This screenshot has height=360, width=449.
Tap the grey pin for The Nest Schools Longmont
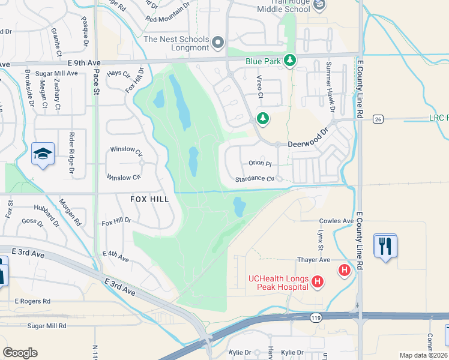click(217, 43)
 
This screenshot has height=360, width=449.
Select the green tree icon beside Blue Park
click(290, 60)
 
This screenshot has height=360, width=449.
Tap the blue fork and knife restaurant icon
click(385, 246)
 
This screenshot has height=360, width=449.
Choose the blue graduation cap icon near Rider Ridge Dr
click(43, 155)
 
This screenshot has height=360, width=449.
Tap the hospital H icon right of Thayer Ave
click(345, 270)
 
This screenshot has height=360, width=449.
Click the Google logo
click(20, 353)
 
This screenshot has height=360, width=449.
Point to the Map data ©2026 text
click(423, 355)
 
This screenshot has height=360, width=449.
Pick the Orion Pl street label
click(260, 163)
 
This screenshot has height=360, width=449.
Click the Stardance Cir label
click(255, 179)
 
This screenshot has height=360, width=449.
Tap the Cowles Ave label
click(336, 221)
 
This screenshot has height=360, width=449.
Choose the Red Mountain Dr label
click(167, 19)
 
